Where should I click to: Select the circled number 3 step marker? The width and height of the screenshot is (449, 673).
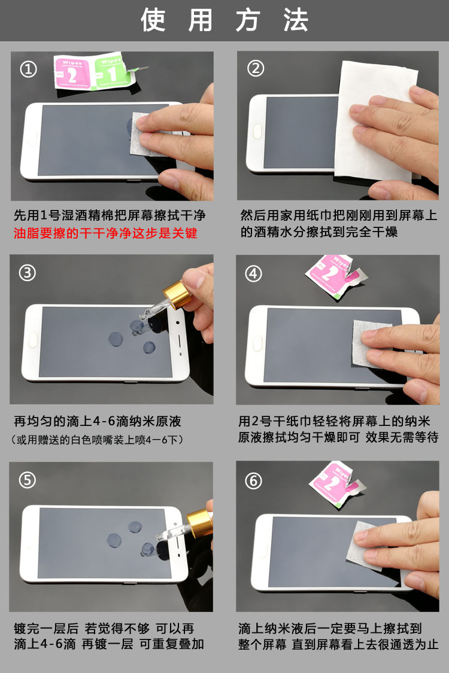pyautogui.click(x=28, y=273)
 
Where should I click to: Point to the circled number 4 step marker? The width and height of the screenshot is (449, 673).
pyautogui.click(x=254, y=273)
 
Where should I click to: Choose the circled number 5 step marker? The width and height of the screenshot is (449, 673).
pyautogui.click(x=28, y=480)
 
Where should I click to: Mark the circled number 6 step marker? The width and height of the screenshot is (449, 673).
pyautogui.click(x=254, y=480)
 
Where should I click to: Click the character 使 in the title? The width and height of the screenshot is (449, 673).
pyautogui.click(x=153, y=20)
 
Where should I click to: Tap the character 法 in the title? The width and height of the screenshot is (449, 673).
pyautogui.click(x=296, y=20)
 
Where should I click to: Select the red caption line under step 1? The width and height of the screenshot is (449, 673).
pyautogui.click(x=105, y=233)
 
